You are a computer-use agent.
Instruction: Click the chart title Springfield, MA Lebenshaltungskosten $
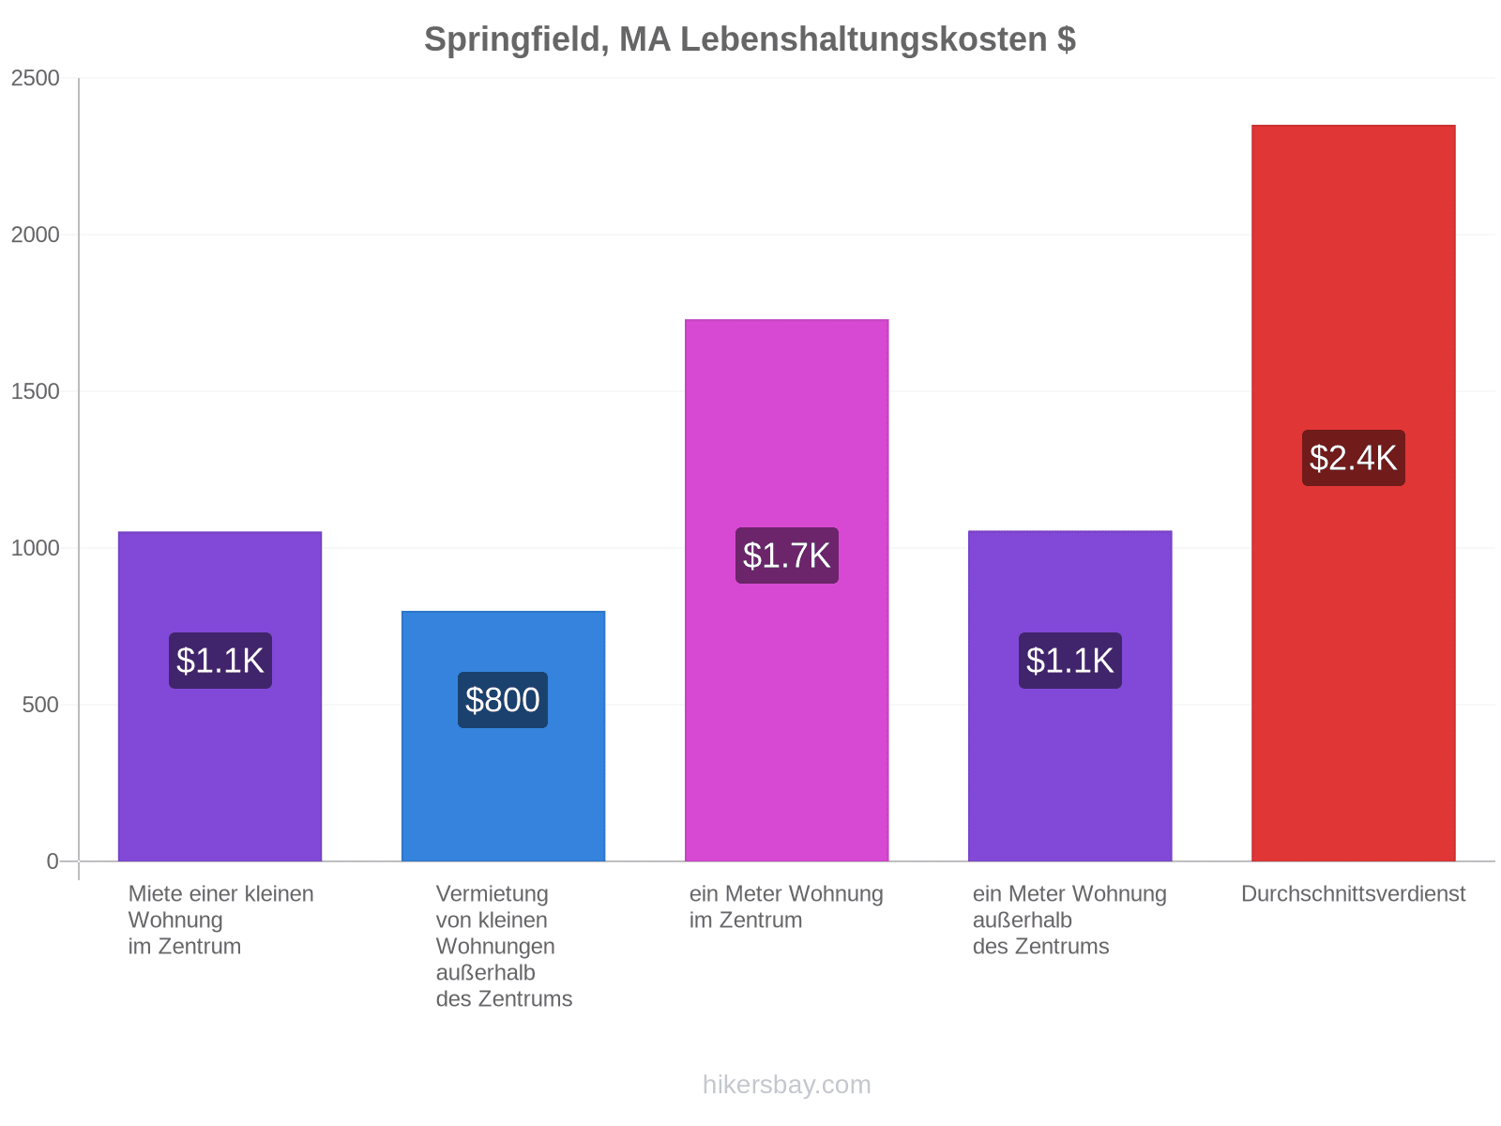[750, 39]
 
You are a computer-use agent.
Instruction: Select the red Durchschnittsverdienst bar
[1353, 493]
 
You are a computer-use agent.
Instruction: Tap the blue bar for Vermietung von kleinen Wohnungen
[503, 736]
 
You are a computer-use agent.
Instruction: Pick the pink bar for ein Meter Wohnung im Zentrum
[786, 590]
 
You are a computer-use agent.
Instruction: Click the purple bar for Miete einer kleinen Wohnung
[220, 696]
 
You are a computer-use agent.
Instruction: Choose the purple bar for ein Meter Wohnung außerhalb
[1069, 695]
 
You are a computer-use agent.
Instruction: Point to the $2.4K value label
[1353, 458]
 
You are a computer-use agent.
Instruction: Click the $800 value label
[503, 700]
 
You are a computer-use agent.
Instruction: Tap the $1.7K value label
[786, 555]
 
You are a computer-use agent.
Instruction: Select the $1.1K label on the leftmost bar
[220, 661]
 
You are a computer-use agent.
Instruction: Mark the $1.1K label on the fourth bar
[1070, 661]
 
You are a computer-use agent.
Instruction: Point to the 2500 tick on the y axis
[35, 78]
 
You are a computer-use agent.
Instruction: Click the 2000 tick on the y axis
[35, 235]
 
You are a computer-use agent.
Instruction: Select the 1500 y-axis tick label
[35, 391]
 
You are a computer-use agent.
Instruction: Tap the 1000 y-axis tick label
[35, 548]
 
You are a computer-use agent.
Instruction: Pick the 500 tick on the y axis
[41, 704]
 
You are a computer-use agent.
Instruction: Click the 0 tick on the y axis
[53, 861]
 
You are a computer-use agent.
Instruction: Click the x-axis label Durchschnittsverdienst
[1353, 893]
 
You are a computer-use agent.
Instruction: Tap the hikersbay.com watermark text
[786, 1085]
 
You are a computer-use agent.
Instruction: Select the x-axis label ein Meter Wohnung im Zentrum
[786, 906]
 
